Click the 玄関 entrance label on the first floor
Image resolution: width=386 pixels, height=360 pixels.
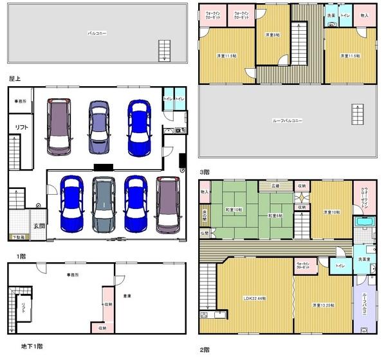click(39, 226)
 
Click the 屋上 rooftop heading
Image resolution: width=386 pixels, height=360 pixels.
click(16, 78)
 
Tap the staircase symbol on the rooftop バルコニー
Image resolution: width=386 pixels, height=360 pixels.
click(165, 50)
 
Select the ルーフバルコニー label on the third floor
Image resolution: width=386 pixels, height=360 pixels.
click(288, 120)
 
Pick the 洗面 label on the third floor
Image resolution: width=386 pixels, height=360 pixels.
click(331, 15)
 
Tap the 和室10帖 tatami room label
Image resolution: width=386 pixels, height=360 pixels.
click(234, 210)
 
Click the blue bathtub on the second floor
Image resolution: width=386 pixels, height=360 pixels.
click(363, 224)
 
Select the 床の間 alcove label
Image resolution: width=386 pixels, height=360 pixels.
click(205, 213)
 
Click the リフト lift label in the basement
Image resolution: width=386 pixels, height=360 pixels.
click(25, 307)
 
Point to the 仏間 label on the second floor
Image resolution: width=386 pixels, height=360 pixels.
click(204, 232)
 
